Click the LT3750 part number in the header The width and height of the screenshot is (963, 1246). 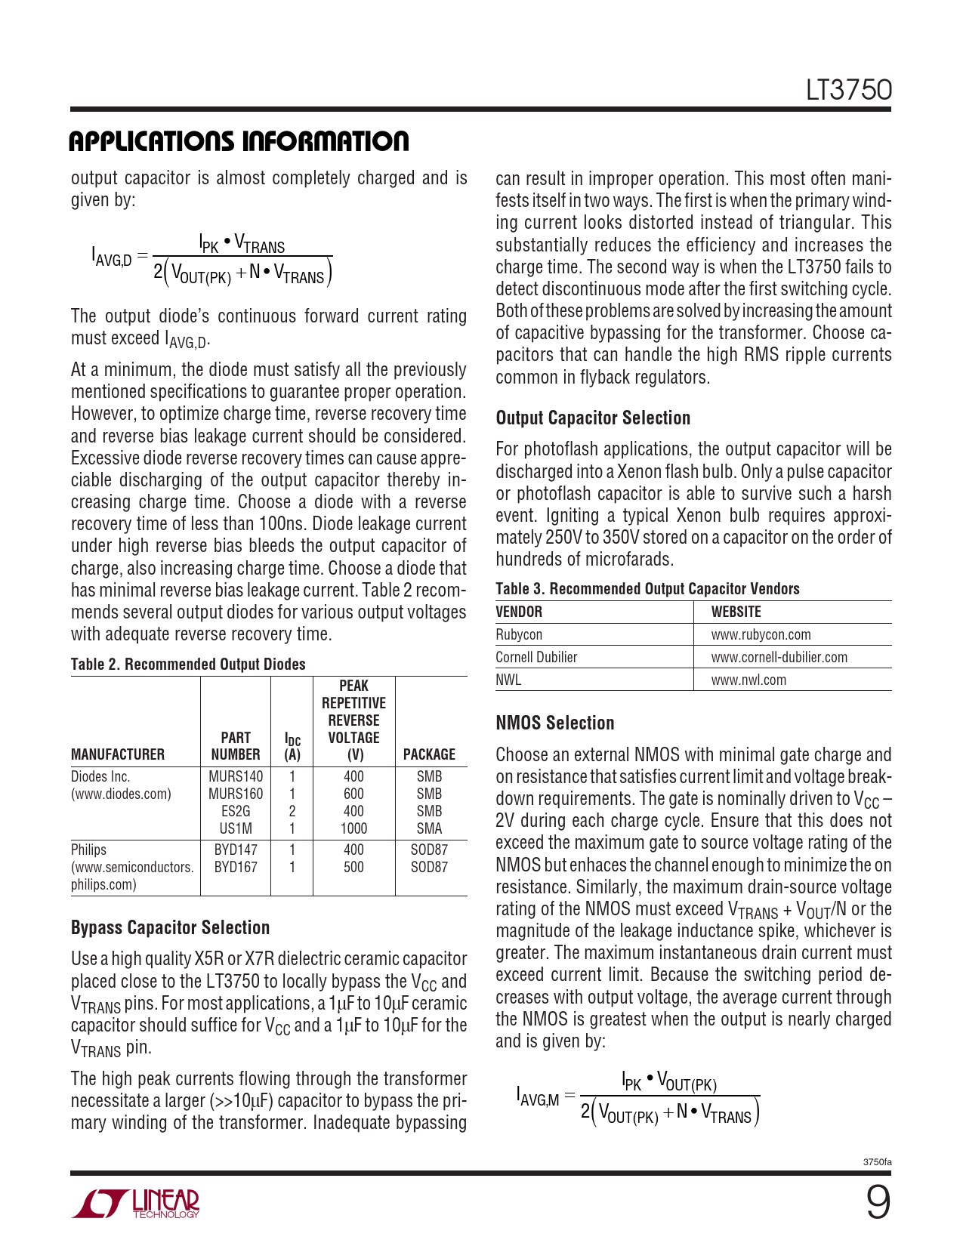[848, 91]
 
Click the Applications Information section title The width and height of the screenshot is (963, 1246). [239, 141]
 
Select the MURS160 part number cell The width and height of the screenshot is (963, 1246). [236, 794]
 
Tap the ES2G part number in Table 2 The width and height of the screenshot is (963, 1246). [236, 811]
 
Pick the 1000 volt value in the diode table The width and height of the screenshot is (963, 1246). [353, 828]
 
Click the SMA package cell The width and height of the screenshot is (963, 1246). [429, 828]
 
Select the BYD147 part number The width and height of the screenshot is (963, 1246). [236, 850]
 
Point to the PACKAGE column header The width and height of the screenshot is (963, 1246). [429, 754]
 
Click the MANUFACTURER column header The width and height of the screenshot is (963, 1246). [118, 754]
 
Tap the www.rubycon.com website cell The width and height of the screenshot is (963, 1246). [761, 635]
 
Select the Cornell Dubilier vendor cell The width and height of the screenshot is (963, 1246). [536, 658]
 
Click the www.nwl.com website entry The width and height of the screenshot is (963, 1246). [748, 680]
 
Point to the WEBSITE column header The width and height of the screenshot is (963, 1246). [736, 612]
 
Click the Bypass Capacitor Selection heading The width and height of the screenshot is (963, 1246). [170, 928]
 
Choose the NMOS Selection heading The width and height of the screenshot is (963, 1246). [555, 723]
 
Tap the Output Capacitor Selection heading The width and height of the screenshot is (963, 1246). [593, 418]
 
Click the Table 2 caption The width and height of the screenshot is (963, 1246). [188, 665]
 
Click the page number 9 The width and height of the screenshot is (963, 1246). [877, 1204]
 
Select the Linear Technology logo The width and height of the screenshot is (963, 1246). [136, 1204]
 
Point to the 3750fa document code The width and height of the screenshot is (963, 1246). [877, 1162]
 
